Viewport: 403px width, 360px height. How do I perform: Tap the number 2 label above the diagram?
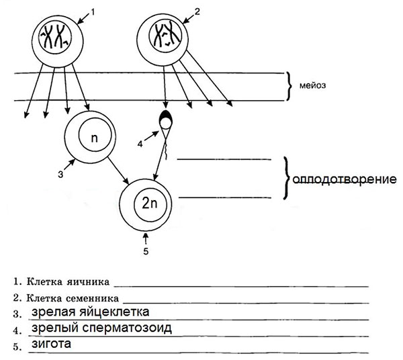tap(197, 10)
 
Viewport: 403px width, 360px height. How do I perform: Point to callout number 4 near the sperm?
tap(140, 143)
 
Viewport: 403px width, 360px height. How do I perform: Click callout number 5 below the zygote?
tap(147, 252)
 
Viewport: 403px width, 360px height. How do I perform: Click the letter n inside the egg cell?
tap(94, 140)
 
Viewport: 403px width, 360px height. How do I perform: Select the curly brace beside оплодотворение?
tap(287, 179)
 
